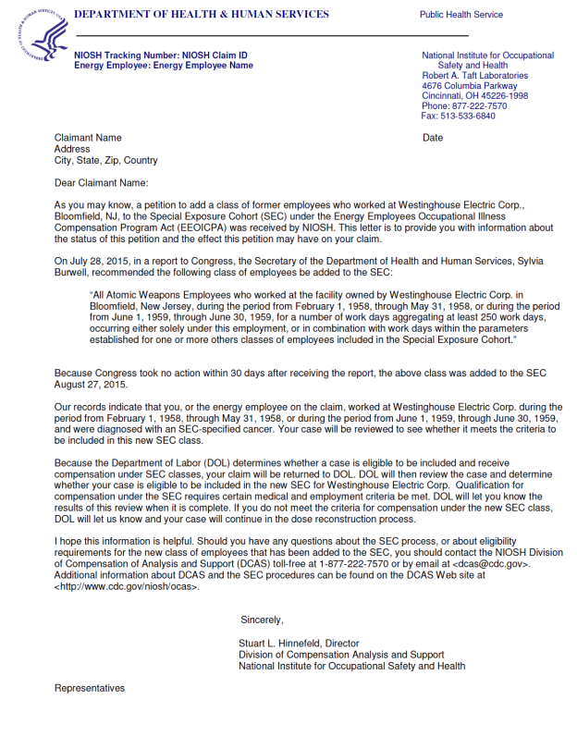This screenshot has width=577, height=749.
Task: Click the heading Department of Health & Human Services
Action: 201,15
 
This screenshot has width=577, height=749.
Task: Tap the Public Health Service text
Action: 460,15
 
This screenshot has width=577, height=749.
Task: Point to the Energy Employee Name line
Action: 163,66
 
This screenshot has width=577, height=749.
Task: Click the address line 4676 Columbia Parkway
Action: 470,86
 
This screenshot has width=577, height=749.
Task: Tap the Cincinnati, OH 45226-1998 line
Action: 475,96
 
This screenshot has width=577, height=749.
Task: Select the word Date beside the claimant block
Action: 433,138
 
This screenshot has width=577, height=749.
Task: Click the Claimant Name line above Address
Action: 88,138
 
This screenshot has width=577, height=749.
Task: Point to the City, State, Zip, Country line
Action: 106,160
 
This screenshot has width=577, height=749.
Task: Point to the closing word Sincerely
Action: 262,620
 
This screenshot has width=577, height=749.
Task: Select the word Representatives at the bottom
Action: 90,688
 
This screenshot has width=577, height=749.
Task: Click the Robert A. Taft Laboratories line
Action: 475,76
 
